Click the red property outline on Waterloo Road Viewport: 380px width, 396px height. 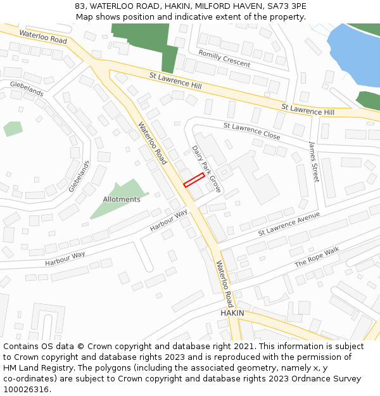(x=194, y=180)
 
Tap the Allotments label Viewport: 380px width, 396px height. (x=122, y=200)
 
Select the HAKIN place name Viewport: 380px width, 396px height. (x=232, y=314)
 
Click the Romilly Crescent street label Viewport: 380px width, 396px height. (x=224, y=58)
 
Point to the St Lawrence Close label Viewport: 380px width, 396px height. (x=251, y=131)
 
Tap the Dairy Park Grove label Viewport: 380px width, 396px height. (x=206, y=169)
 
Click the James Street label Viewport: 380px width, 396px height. (x=313, y=162)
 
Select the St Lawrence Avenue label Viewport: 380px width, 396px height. (x=289, y=225)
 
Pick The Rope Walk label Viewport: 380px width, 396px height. (x=317, y=256)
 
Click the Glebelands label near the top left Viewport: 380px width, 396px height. (x=27, y=89)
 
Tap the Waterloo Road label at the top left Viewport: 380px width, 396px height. (x=42, y=36)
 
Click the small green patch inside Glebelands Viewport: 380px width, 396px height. (x=13, y=129)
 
